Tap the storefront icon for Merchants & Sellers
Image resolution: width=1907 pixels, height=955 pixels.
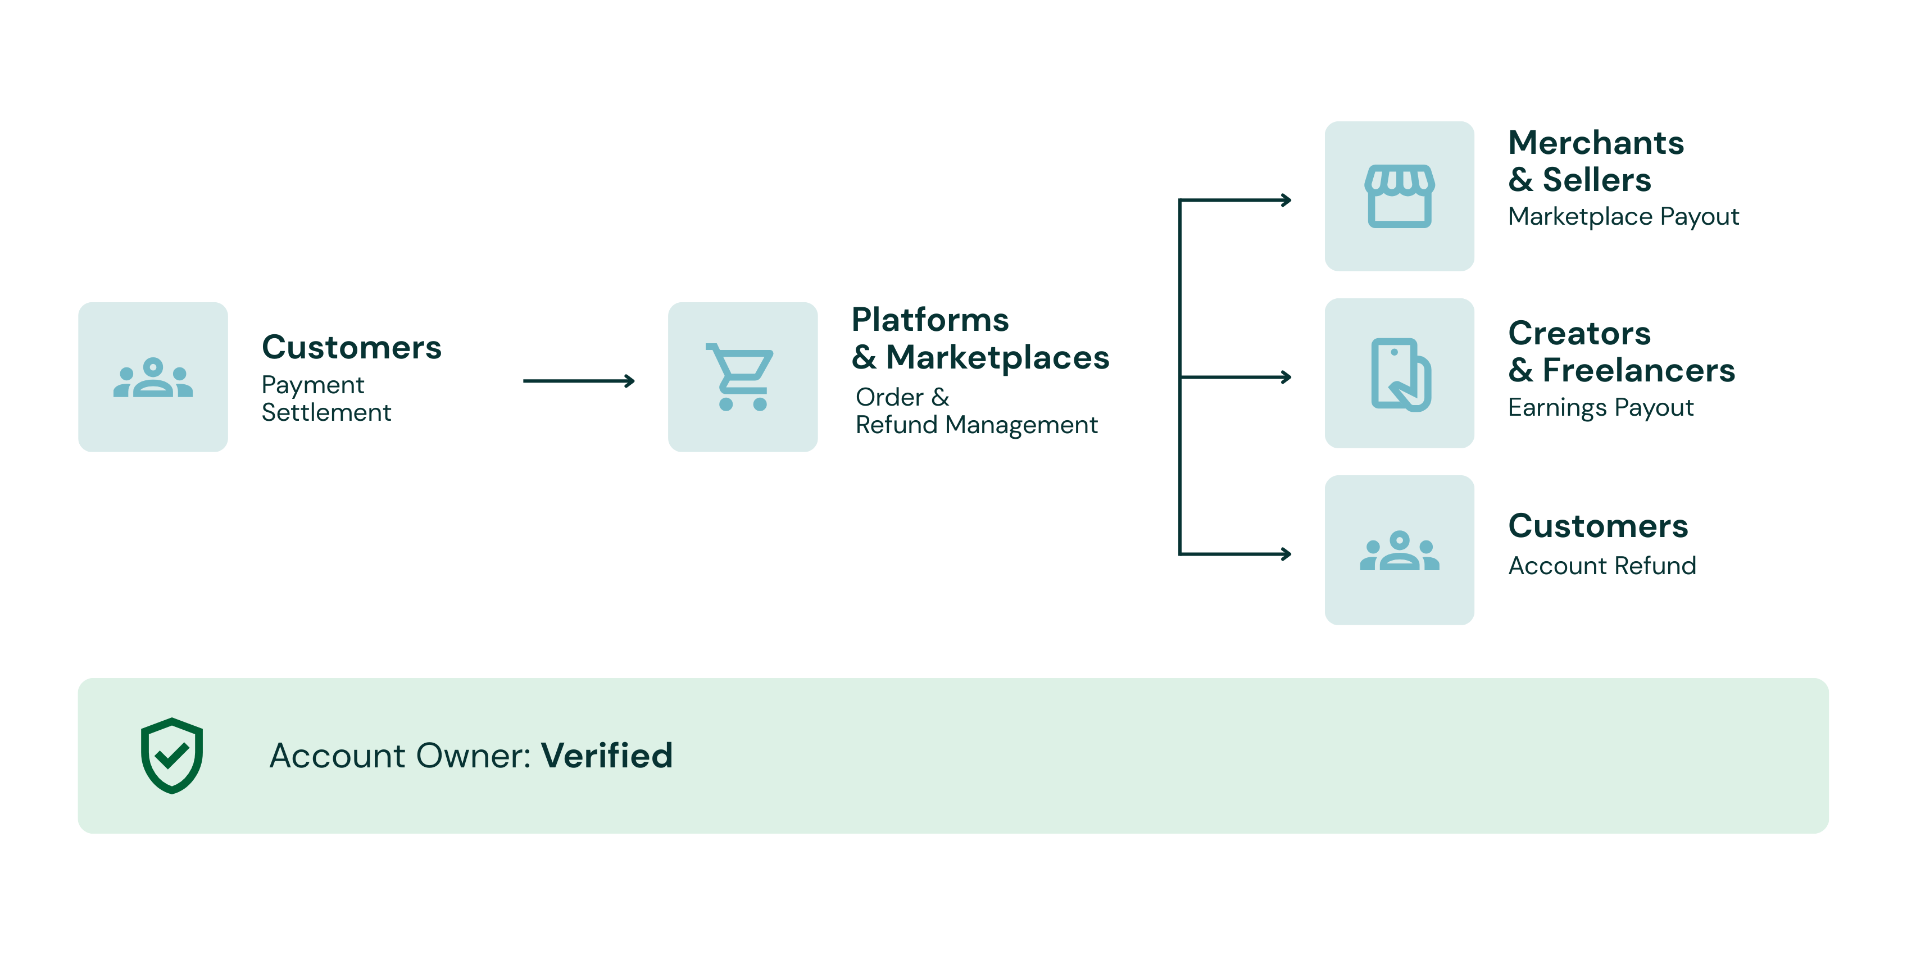point(1399,196)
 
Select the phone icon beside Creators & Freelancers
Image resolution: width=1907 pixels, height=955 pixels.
point(1399,374)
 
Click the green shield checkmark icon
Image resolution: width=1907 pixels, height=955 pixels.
point(172,755)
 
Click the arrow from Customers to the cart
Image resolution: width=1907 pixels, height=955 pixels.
point(578,381)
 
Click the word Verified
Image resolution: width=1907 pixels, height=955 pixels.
point(606,756)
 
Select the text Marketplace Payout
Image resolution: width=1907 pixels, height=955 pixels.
point(1623,217)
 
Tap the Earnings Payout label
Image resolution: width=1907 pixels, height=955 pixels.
point(1601,408)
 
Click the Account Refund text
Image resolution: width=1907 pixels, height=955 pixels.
point(1602,566)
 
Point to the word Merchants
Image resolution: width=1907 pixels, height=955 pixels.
point(1596,143)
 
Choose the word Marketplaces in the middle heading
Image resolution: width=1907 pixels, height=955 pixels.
point(997,358)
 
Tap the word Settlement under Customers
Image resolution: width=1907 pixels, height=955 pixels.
point(326,412)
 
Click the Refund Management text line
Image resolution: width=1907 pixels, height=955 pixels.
point(976,425)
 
